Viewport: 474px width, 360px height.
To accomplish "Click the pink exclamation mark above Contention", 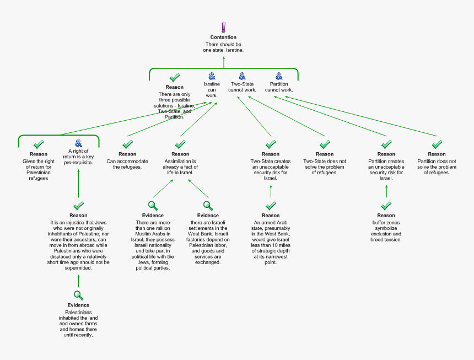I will [223, 27].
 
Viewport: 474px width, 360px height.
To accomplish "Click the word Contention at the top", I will [223, 37].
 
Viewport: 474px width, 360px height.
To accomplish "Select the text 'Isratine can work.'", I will [212, 89].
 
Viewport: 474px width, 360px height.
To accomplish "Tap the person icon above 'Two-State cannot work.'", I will [242, 76].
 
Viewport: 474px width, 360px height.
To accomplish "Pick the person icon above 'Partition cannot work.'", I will [279, 76].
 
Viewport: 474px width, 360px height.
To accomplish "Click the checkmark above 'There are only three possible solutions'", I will [175, 78].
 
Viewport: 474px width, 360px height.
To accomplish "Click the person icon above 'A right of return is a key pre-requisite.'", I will [78, 143].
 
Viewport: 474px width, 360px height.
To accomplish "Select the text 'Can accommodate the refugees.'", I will [127, 164].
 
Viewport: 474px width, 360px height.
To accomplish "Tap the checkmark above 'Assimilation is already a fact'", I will [180, 144].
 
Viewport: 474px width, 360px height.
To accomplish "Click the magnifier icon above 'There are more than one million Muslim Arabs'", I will [153, 206].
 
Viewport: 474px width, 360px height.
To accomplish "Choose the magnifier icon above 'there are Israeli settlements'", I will [208, 206].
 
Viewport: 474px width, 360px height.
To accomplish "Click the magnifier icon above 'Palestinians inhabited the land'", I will [78, 295].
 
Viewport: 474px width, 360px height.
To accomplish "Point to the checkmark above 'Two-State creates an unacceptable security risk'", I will [271, 144].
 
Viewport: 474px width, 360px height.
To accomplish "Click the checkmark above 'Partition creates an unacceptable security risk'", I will [386, 144].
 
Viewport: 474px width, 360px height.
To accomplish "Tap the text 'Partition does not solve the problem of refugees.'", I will [437, 166].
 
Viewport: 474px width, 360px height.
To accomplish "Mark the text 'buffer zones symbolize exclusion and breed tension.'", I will [386, 231].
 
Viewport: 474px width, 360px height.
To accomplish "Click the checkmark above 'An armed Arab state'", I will [271, 206].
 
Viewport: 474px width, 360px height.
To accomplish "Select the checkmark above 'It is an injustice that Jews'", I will [78, 206].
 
